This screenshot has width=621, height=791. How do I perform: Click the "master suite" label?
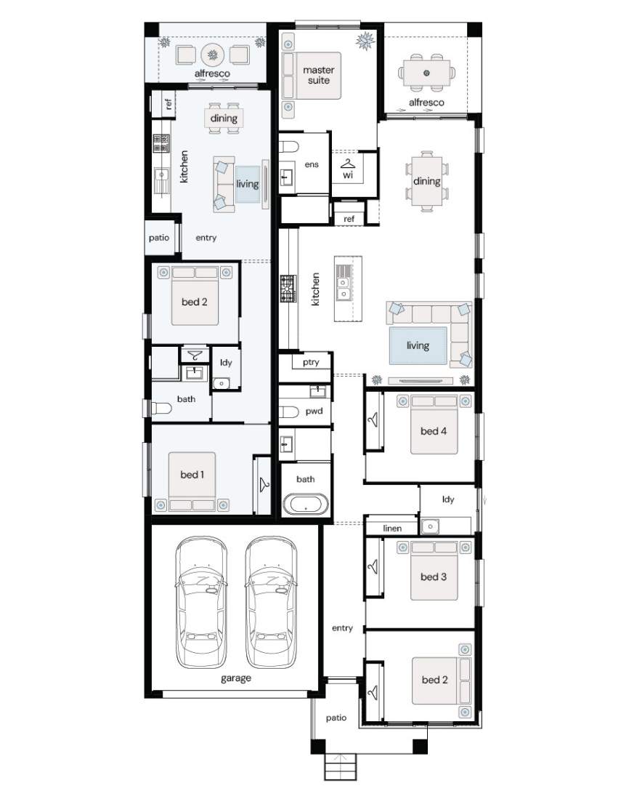pyautogui.click(x=319, y=75)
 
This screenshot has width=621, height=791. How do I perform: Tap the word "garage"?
pyautogui.click(x=236, y=678)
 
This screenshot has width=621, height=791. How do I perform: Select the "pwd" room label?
pyautogui.click(x=314, y=411)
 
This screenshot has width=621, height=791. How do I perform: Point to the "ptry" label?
pyautogui.click(x=311, y=362)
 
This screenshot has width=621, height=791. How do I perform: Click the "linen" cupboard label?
pyautogui.click(x=392, y=528)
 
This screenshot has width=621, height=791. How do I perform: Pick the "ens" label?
pyautogui.click(x=312, y=164)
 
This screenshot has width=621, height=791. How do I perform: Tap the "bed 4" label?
pyautogui.click(x=434, y=431)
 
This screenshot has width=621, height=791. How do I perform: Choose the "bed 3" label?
pyautogui.click(x=434, y=577)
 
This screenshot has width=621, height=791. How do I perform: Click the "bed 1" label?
pyautogui.click(x=192, y=475)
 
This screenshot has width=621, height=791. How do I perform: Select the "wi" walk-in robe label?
pyautogui.click(x=348, y=175)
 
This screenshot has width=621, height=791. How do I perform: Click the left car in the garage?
pyautogui.click(x=201, y=602)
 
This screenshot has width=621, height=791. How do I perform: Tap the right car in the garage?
pyautogui.click(x=271, y=602)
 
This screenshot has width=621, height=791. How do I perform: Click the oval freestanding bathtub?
pyautogui.click(x=306, y=505)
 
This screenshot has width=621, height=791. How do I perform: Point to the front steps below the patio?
pyautogui.click(x=340, y=767)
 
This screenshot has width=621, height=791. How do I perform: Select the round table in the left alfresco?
pyautogui.click(x=212, y=55)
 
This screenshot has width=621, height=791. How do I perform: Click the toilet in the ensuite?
pyautogui.click(x=289, y=148)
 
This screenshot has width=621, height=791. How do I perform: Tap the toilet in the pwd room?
pyautogui.click(x=289, y=411)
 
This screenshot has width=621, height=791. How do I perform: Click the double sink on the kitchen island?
pyautogui.click(x=344, y=283)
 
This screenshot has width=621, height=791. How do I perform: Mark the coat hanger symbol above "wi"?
pyautogui.click(x=348, y=164)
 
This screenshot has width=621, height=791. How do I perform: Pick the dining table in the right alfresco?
pyautogui.click(x=426, y=73)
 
